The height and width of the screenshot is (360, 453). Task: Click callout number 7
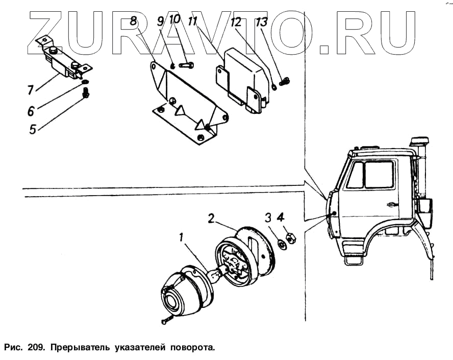[31, 90]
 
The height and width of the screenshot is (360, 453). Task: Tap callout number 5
[33, 129]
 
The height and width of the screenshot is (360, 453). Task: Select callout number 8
[134, 21]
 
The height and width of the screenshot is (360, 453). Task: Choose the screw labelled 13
[285, 81]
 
